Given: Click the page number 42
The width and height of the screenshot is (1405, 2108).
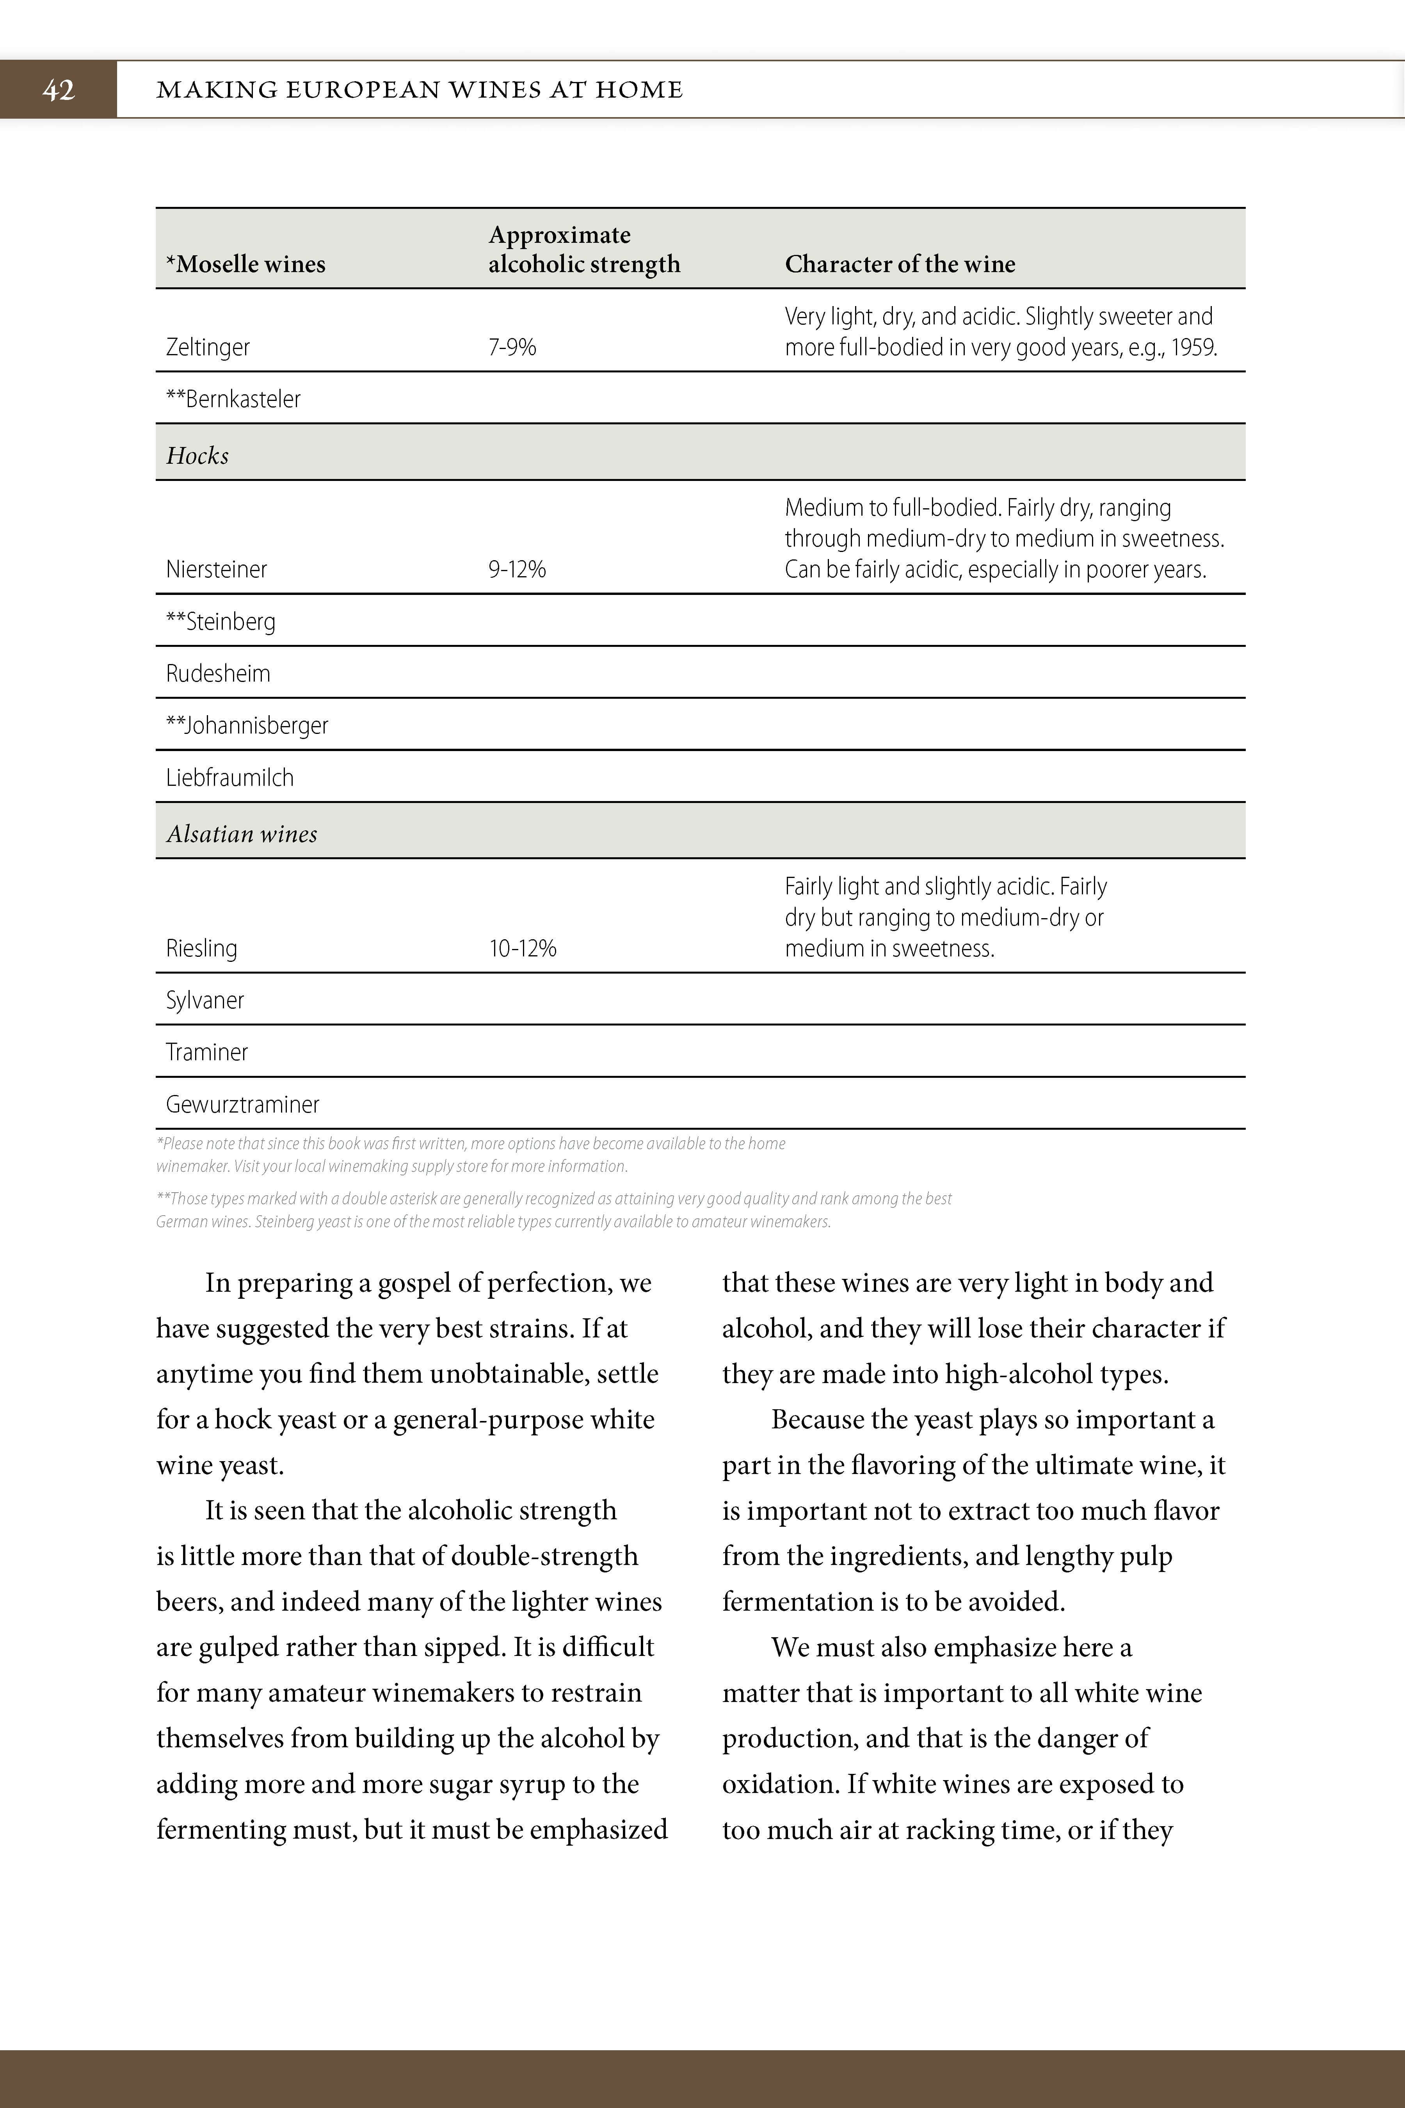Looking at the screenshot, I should (58, 90).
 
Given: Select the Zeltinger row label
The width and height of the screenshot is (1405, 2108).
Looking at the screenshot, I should (208, 347).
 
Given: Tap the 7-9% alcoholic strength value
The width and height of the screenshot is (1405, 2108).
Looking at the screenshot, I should (512, 347).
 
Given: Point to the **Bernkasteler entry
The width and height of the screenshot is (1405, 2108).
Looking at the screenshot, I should (233, 399).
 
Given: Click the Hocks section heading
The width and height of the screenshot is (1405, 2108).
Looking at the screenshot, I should (197, 455).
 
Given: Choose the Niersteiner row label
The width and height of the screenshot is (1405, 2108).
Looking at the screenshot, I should (216, 569).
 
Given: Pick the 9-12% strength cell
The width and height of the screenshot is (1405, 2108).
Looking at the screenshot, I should (517, 569).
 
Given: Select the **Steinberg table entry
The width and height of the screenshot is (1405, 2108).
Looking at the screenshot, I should (221, 621).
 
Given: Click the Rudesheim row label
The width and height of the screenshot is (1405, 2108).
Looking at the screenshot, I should (218, 673).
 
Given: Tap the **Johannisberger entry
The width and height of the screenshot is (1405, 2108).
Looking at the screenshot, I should (247, 725).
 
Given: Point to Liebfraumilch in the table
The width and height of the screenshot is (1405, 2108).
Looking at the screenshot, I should (229, 777).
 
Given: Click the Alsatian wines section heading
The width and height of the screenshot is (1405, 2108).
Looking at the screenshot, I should (242, 833).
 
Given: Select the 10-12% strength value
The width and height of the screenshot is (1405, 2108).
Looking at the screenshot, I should (523, 948).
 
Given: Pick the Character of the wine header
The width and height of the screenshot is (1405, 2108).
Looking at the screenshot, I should (900, 263).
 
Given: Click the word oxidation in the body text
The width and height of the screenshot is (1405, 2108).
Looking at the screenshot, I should (779, 1784).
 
